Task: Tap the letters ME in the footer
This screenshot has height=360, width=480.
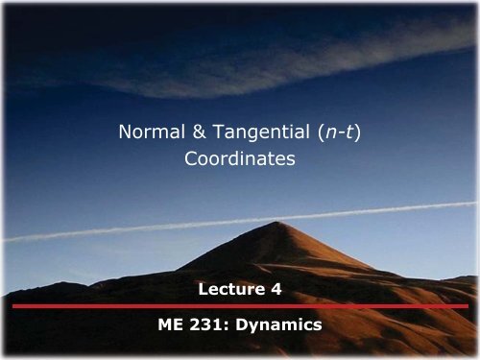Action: click(170, 325)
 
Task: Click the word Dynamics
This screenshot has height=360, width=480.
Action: click(279, 325)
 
